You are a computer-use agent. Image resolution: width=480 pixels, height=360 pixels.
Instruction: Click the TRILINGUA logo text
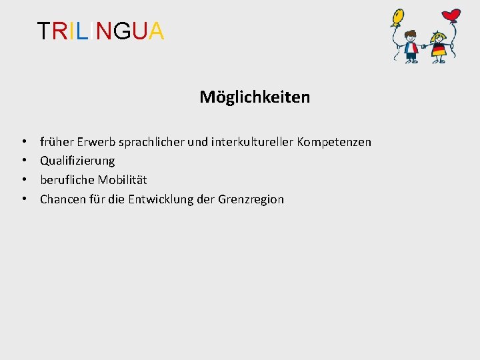[x=101, y=31]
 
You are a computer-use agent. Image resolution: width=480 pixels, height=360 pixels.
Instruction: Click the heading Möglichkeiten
[x=255, y=97]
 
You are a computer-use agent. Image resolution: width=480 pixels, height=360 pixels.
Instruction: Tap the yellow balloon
[x=398, y=17]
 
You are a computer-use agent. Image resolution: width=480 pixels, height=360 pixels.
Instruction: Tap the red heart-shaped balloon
[x=452, y=15]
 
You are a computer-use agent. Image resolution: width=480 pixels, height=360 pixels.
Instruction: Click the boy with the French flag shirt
[x=411, y=49]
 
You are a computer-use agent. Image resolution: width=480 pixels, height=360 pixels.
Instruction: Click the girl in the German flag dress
[x=439, y=51]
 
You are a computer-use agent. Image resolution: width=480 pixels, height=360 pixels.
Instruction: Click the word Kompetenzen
[x=334, y=142]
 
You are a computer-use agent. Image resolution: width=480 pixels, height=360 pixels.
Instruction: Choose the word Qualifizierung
[x=77, y=161]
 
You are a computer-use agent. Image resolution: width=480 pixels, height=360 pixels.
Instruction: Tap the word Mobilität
[x=123, y=180]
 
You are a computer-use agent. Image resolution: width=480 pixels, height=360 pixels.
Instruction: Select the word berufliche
[x=67, y=180]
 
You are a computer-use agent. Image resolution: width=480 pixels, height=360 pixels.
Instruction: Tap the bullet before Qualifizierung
[x=24, y=161]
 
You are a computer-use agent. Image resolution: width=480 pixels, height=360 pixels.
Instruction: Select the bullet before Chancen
[x=24, y=199]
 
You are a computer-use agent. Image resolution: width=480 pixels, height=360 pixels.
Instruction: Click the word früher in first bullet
[x=57, y=142]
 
